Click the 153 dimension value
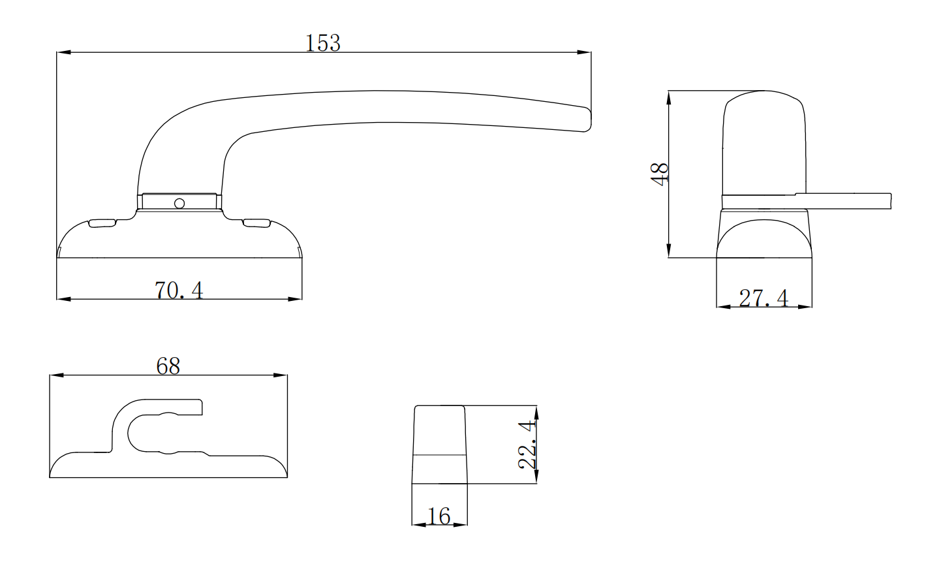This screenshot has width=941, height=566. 323,43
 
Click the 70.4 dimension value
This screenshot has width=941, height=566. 179,290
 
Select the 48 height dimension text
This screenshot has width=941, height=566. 660,174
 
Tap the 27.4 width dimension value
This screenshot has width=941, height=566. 764,298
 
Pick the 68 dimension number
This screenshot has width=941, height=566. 168,366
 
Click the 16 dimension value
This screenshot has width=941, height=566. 439,516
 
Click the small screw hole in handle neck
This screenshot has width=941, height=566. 179,203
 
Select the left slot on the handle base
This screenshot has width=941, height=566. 102,223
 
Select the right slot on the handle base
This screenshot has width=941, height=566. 256,223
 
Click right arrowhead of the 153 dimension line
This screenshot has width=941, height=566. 585,52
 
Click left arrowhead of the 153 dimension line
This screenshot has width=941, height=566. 63,52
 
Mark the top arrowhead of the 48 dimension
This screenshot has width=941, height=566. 669,96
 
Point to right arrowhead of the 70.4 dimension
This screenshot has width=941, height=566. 296,299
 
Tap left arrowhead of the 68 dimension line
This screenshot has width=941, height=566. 55,375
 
